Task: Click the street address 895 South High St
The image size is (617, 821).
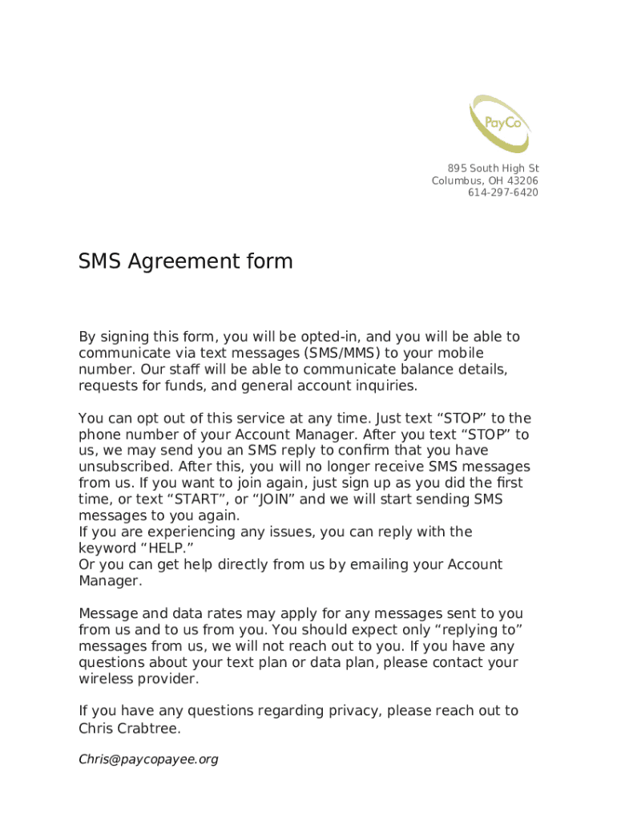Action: pyautogui.click(x=493, y=168)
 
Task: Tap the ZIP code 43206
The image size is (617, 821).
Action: pyautogui.click(x=522, y=180)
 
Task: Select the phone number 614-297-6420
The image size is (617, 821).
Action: pyautogui.click(x=503, y=192)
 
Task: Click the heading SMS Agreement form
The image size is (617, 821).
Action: pyautogui.click(x=185, y=261)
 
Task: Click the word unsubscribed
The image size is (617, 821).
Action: pyautogui.click(x=126, y=467)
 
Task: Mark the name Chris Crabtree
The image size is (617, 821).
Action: pyautogui.click(x=129, y=729)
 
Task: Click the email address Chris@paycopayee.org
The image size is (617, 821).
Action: pyautogui.click(x=148, y=759)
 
